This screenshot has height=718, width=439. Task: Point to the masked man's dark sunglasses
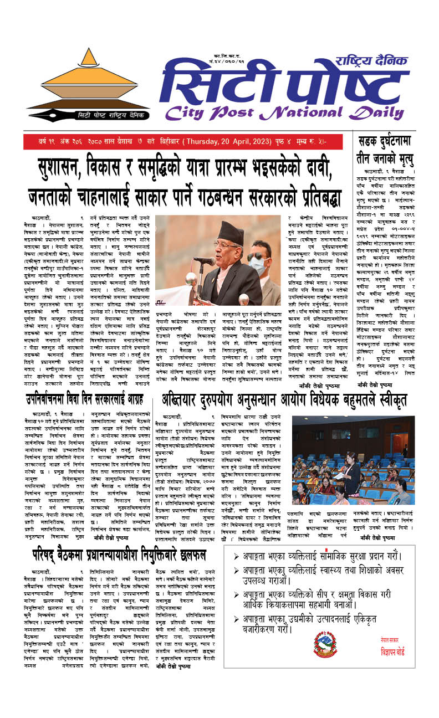(x=257, y=256)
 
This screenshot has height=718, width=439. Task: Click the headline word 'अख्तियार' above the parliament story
(x=188, y=399)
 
